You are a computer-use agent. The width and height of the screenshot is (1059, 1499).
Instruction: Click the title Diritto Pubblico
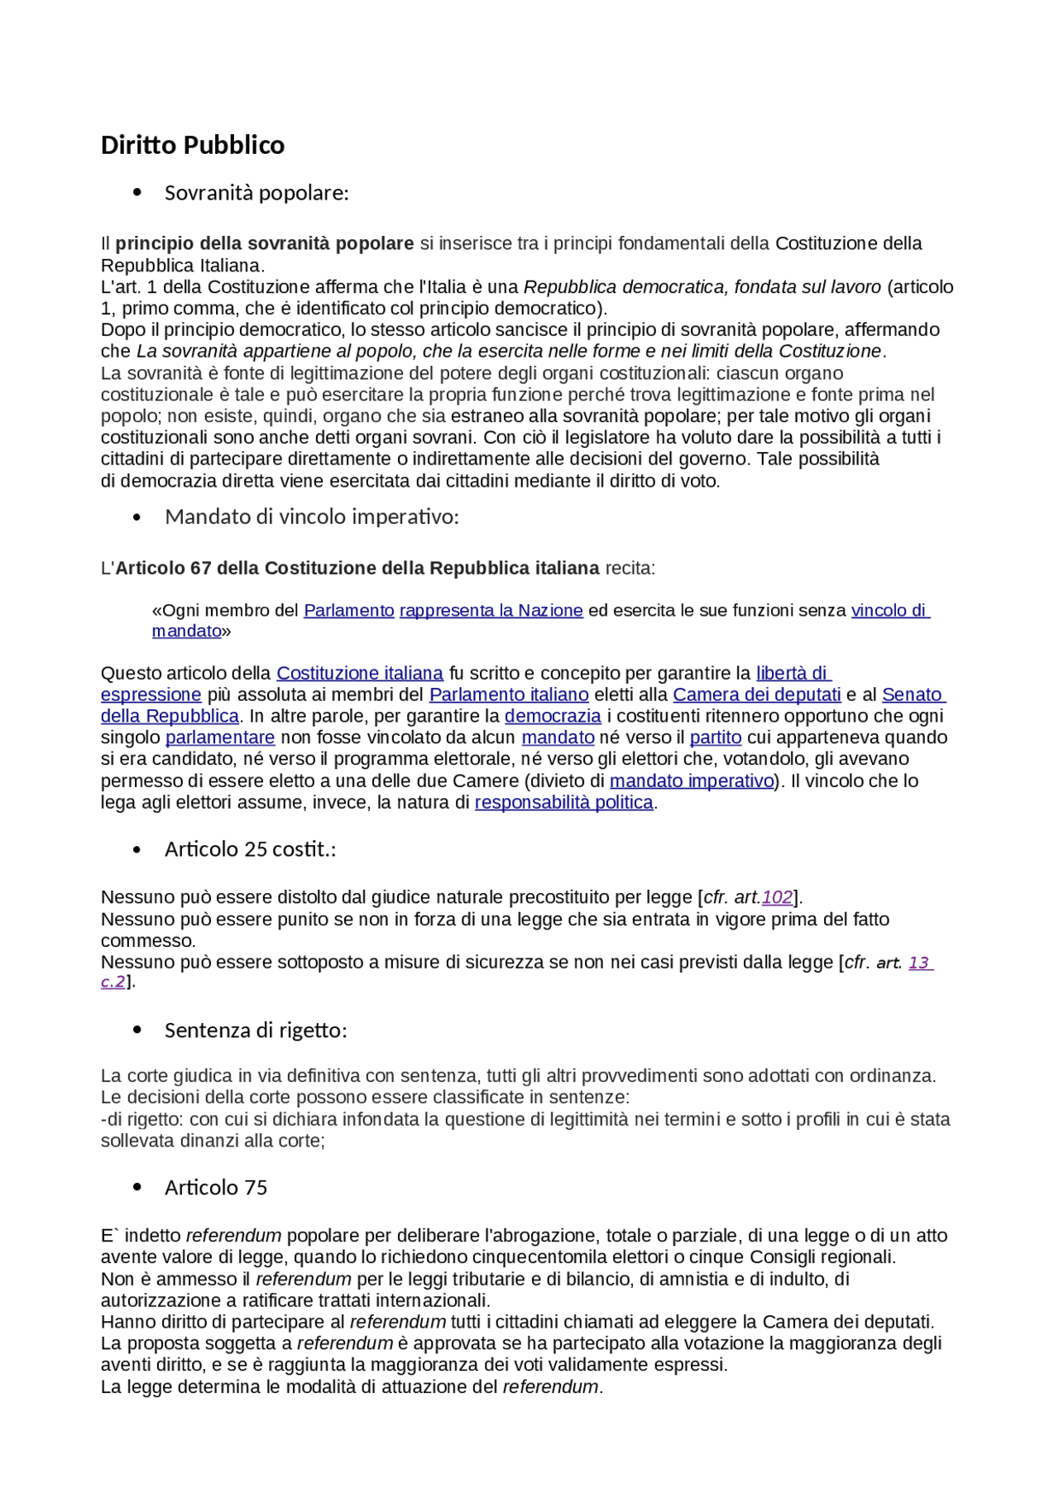tap(192, 146)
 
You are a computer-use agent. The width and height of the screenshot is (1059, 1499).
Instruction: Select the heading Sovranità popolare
tap(256, 193)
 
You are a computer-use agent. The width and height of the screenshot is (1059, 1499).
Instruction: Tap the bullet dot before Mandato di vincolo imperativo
tap(137, 517)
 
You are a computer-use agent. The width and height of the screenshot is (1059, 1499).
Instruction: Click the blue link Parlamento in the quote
tap(348, 611)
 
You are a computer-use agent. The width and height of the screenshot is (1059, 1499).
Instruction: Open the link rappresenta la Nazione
tap(491, 611)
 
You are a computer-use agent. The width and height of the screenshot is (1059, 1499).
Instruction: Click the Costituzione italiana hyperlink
tap(359, 674)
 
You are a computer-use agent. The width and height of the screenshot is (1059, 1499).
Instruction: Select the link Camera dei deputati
tap(756, 695)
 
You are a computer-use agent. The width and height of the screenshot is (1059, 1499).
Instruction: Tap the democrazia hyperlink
tap(553, 717)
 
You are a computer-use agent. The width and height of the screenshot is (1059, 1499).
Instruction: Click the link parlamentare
tap(219, 738)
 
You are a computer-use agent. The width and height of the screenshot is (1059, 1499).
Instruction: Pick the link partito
tap(715, 738)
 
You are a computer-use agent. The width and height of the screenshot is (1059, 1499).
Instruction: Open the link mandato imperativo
tap(691, 781)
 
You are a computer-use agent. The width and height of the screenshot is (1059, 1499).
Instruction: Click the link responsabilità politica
tap(563, 803)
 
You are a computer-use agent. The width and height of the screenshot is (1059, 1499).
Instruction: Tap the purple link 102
tap(777, 898)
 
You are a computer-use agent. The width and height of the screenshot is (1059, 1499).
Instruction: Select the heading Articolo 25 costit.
tap(250, 849)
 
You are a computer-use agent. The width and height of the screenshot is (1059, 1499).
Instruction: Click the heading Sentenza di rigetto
tap(255, 1031)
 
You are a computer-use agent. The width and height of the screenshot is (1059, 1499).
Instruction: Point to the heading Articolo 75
tap(215, 1188)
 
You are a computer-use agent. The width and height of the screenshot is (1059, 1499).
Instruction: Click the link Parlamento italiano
tap(509, 695)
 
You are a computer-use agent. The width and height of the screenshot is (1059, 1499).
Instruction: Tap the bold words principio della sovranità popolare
tap(264, 244)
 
